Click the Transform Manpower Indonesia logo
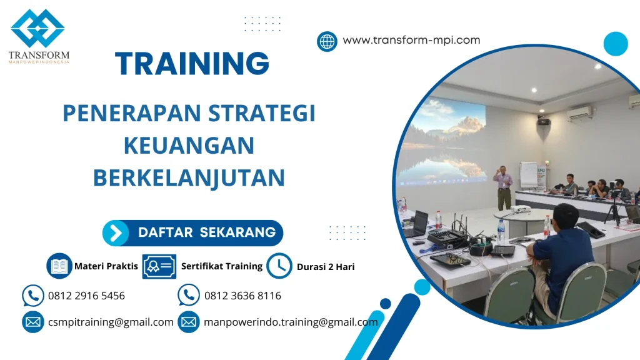pos(38,36)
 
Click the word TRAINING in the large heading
pos(192,64)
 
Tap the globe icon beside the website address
pos(327,41)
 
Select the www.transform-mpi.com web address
pos(411,40)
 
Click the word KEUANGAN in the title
pos(189,146)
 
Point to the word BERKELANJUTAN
pos(189,177)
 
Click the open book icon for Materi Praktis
pos(59,266)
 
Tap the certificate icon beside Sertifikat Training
pos(159,266)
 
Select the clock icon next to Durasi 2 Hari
pos(279,266)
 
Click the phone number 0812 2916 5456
pos(86,296)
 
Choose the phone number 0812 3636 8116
pos(242,296)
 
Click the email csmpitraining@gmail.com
pos(111,322)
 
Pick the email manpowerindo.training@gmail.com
pos(291,322)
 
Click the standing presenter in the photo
pos(502,186)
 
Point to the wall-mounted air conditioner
pos(580,113)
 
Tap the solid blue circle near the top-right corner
pos(615,44)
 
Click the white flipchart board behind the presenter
pos(528,174)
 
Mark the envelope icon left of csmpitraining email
pos(32,322)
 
